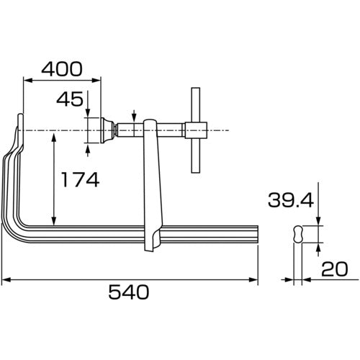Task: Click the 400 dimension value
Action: coord(62,69)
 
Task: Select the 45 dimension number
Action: coord(70,99)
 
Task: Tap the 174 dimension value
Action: coord(81,179)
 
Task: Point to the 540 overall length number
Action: coord(129,292)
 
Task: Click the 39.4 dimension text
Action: coord(291,200)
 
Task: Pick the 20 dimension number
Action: coord(334,269)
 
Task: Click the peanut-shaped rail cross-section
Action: coord(298,234)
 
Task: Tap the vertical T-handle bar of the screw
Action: coord(196,130)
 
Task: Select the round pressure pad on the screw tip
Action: coord(108,130)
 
